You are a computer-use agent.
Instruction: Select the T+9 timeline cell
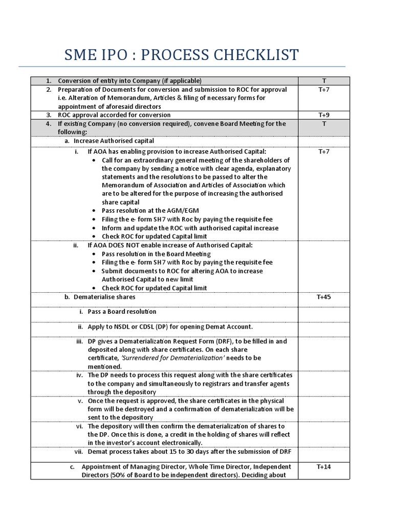pyautogui.click(x=324, y=115)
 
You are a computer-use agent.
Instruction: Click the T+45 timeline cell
pyautogui.click(x=324, y=297)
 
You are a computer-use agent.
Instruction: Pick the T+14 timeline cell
pyautogui.click(x=324, y=467)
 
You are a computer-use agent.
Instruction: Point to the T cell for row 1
pyautogui.click(x=324, y=80)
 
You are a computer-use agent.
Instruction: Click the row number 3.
pyautogui.click(x=49, y=115)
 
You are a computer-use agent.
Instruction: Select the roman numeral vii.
pyautogui.click(x=78, y=452)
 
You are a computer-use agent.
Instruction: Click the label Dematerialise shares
pyautogui.click(x=104, y=297)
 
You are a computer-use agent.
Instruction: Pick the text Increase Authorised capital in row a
pyautogui.click(x=114, y=140)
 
